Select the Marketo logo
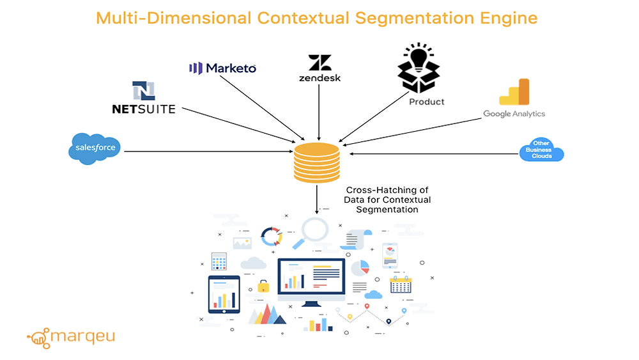223,68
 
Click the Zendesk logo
319,69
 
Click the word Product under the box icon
427,101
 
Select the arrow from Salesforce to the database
204,152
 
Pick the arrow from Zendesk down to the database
319,112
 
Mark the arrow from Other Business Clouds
435,153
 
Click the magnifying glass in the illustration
311,230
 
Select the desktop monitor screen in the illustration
311,279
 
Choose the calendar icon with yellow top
401,285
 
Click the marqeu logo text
82,336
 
